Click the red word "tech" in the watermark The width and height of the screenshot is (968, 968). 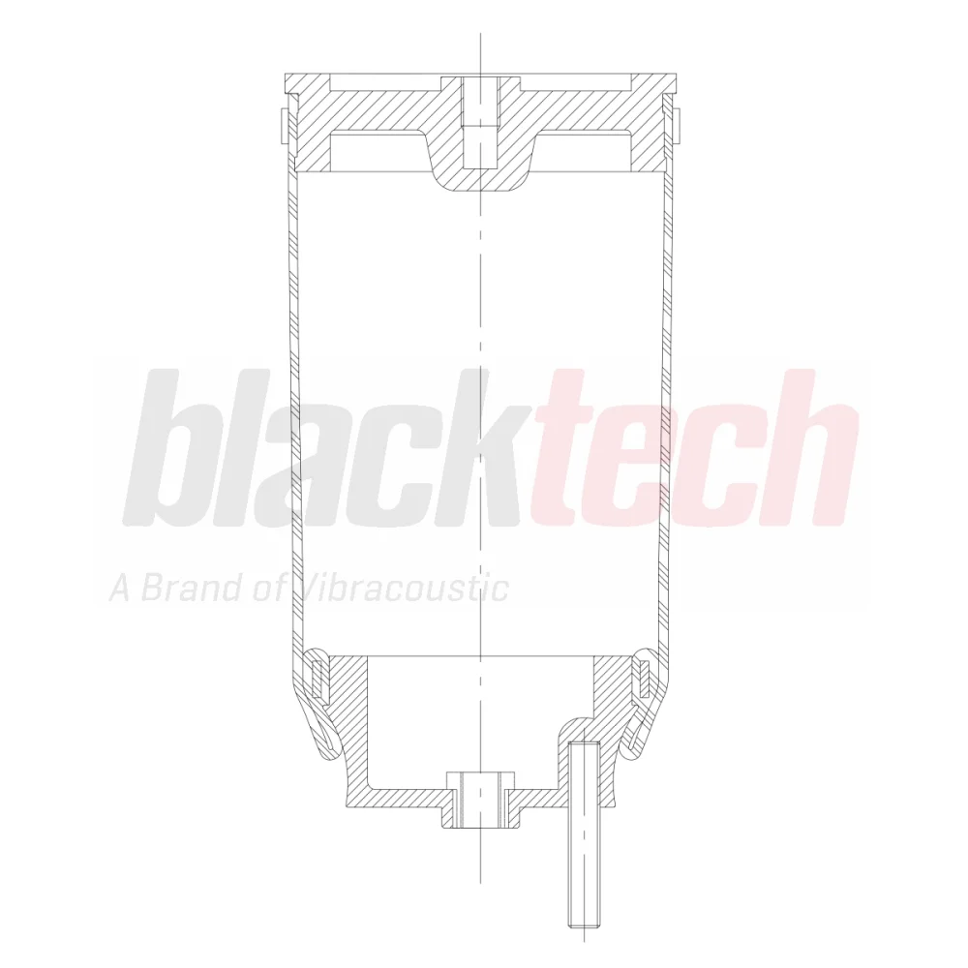[x=694, y=447]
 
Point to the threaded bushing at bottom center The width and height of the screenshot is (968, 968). [x=480, y=800]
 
